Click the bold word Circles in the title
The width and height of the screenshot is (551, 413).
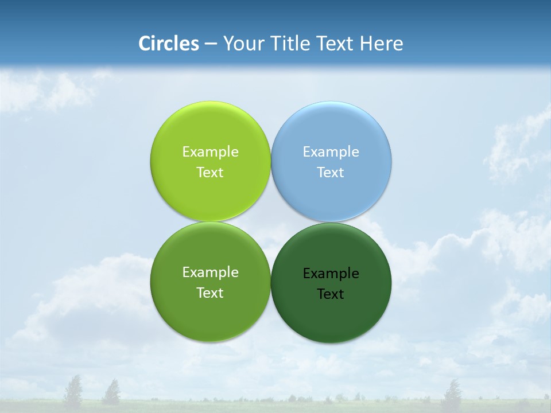pos(169,44)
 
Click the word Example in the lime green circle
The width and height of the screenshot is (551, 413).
pos(210,151)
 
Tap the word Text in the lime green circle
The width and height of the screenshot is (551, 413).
pos(210,172)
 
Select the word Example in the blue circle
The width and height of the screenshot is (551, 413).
pos(331,151)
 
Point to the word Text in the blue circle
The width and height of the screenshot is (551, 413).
pos(331,172)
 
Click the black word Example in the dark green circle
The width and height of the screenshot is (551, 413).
pos(331,273)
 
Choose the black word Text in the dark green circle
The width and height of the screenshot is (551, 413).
pos(331,294)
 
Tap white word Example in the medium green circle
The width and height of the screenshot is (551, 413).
pos(210,272)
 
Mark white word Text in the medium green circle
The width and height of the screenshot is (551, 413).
pos(210,293)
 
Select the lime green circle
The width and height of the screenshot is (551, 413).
pos(210,195)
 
